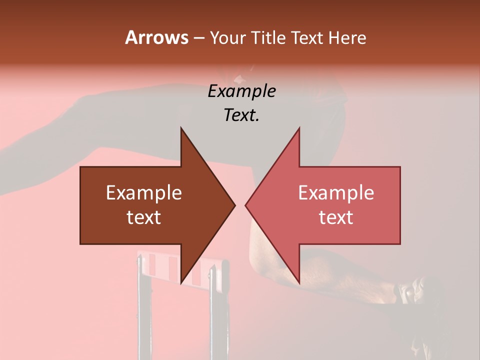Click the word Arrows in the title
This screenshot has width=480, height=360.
tap(156, 37)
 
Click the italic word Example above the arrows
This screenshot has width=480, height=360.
tap(241, 91)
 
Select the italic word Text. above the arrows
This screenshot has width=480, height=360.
tap(241, 115)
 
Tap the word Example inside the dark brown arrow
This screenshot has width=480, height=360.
tap(144, 193)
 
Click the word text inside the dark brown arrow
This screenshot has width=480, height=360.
tap(144, 217)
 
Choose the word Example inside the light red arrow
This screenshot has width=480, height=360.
tap(336, 193)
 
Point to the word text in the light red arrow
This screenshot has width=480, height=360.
tap(336, 217)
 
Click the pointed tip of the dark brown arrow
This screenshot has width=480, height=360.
tap(234, 205)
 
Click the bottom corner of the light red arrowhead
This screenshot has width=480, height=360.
tap(299, 282)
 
